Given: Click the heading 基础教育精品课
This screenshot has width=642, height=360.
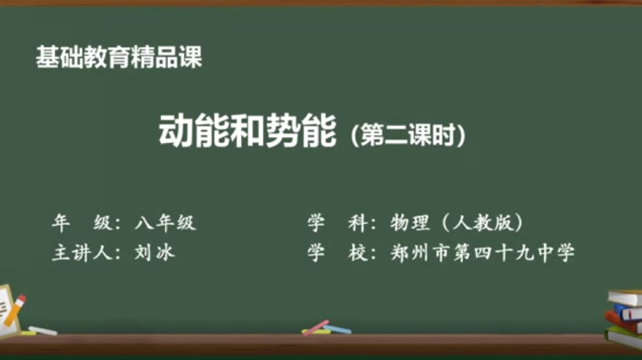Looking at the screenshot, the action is (x=119, y=57).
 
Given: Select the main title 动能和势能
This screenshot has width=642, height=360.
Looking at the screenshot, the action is (x=247, y=131).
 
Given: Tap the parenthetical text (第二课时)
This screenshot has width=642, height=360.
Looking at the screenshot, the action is (x=408, y=134).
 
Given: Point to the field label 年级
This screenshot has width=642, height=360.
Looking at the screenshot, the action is (x=82, y=223).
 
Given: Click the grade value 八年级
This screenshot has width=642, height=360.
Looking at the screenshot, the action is (x=165, y=223).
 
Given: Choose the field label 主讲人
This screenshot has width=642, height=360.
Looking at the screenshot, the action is (x=82, y=252).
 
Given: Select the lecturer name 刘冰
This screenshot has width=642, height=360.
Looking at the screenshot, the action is (x=155, y=252).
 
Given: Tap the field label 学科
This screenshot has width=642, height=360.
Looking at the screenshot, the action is (x=337, y=223).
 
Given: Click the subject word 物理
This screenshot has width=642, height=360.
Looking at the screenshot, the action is (x=411, y=223).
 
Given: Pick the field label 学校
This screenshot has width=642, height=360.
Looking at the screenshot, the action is (x=337, y=252).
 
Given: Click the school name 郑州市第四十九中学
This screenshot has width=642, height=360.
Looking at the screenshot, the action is (x=483, y=252).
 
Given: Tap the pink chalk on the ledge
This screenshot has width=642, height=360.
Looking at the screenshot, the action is (x=316, y=327).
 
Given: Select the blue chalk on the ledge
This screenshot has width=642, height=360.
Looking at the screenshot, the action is (x=337, y=329).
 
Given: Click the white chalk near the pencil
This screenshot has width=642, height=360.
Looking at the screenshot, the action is (x=42, y=331).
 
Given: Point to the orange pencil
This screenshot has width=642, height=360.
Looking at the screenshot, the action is (x=15, y=310).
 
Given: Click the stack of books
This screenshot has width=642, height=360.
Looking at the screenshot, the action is (x=623, y=319).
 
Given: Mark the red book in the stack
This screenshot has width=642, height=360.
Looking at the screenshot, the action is (x=621, y=322).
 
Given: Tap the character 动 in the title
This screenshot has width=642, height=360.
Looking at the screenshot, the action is (x=176, y=131).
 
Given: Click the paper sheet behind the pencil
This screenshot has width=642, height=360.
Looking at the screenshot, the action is (x=9, y=312).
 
